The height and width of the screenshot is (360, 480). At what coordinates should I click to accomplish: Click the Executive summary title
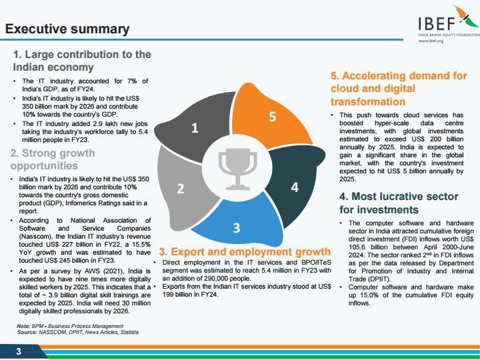click(x=67, y=29)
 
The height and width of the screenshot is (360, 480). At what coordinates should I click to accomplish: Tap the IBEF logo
click(x=449, y=23)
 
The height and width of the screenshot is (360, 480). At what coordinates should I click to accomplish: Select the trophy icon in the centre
click(x=238, y=169)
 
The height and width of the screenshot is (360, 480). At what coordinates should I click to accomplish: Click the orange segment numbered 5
click(x=271, y=118)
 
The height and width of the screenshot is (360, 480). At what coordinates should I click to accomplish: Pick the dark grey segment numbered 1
click(x=193, y=127)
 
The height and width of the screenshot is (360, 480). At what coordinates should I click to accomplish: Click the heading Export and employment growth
click(x=245, y=251)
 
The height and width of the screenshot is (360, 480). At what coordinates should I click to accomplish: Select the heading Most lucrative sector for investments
click(x=399, y=203)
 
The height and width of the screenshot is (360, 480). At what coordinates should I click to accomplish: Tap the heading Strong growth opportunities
click(x=53, y=159)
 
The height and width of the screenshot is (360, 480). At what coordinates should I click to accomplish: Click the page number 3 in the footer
click(x=19, y=351)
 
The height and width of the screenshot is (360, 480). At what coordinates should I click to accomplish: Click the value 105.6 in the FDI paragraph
click(x=357, y=247)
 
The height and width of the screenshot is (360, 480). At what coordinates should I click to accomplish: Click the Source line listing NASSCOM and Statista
click(x=78, y=332)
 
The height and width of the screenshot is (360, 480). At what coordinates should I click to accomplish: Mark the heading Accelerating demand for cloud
click(x=399, y=89)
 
